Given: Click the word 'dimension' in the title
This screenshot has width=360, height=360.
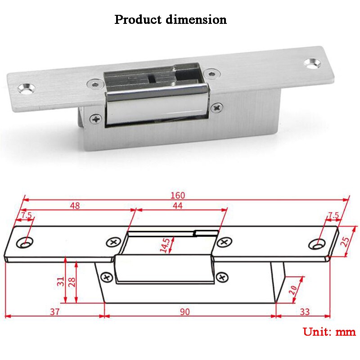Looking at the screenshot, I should tap(197, 20).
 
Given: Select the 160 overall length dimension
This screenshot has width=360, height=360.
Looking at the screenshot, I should tap(178, 195).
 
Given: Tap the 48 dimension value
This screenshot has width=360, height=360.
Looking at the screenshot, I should tap(75, 206).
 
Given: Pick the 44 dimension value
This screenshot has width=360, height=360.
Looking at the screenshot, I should tap(178, 206).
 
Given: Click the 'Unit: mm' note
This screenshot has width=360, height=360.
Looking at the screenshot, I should tap(329, 332).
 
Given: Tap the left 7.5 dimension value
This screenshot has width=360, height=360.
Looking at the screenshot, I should tap(27, 216).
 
